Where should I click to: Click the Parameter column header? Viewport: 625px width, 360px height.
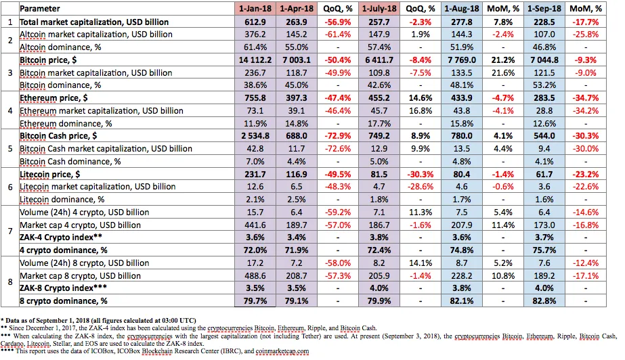(40, 8)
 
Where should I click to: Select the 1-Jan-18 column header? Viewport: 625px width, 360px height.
(255, 8)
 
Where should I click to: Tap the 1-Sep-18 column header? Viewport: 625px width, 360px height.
(544, 8)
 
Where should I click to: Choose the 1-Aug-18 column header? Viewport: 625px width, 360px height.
(462, 8)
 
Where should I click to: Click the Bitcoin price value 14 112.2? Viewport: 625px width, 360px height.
(255, 60)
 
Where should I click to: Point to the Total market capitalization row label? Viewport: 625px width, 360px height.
(94, 22)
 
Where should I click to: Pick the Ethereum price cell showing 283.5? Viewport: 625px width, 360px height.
(544, 98)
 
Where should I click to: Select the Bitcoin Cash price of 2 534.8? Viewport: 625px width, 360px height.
(255, 136)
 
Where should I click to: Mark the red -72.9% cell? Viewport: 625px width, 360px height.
(338, 136)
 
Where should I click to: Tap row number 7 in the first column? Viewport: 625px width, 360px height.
(10, 231)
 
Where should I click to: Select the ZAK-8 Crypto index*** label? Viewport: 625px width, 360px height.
(63, 288)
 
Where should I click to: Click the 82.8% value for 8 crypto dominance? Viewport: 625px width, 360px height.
(544, 300)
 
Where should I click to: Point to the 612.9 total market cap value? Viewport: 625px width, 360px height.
(255, 22)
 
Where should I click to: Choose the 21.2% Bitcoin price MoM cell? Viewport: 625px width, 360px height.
(503, 60)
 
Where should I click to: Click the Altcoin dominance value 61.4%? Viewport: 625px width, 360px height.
(255, 47)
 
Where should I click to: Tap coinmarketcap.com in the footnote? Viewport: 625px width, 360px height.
(282, 351)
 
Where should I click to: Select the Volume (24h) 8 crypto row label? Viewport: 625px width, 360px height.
(85, 263)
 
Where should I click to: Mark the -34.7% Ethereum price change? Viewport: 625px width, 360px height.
(586, 98)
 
